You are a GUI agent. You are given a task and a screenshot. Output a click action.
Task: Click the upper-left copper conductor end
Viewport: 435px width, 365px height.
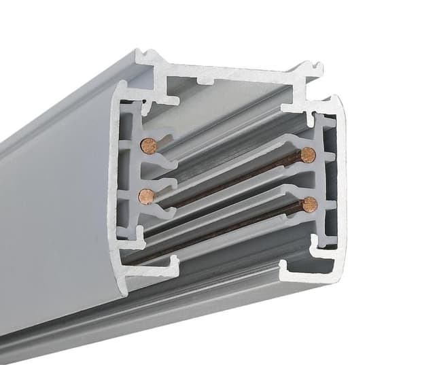pos(147,145)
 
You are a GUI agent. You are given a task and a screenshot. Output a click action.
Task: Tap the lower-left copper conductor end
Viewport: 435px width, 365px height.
pos(146,196)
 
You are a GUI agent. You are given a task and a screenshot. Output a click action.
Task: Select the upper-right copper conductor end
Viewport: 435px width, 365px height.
pos(308,155)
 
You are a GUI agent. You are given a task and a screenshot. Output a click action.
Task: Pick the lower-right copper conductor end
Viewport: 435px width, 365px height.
pos(310,204)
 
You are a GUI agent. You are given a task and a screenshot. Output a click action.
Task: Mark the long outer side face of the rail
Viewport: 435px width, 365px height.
pos(54,204)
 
